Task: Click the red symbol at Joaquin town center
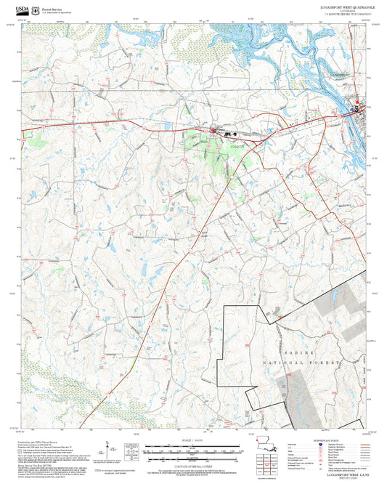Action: [x=214, y=131]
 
